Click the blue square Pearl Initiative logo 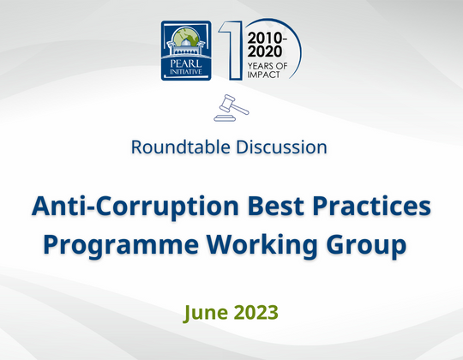[x=187, y=51]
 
